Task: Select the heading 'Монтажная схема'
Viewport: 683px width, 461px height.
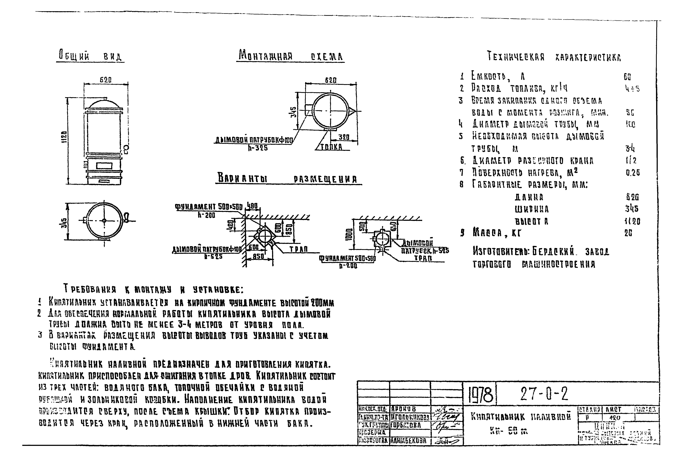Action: tap(290, 56)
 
